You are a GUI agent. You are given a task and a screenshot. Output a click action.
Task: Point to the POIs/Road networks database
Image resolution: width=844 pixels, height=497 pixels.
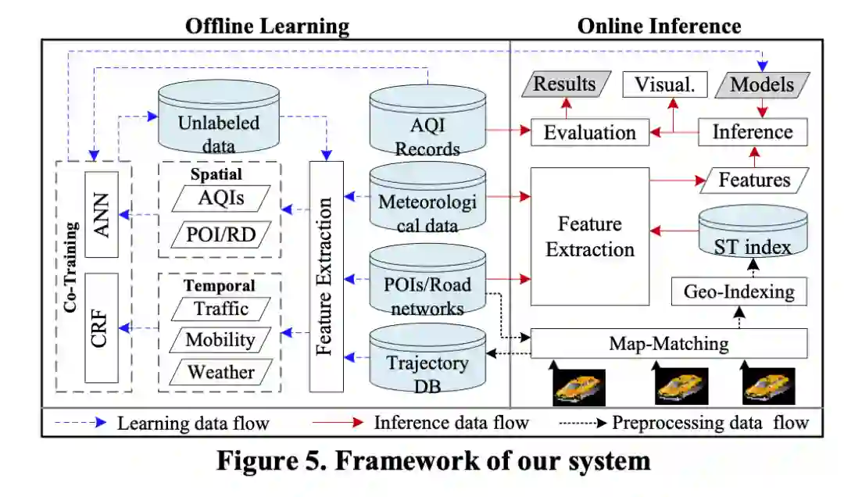pyautogui.click(x=427, y=283)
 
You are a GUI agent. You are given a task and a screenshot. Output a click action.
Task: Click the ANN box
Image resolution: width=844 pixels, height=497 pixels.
pyautogui.click(x=101, y=214)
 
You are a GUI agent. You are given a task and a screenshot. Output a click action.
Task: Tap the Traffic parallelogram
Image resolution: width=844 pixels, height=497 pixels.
pyautogui.click(x=221, y=309)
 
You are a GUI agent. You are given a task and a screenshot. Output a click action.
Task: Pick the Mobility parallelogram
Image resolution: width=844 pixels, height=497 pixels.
pyautogui.click(x=221, y=340)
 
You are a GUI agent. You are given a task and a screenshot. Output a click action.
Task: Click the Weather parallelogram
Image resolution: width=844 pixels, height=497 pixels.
pyautogui.click(x=221, y=372)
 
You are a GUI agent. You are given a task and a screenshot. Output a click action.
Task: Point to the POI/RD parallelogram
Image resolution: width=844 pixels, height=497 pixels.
pyautogui.click(x=221, y=232)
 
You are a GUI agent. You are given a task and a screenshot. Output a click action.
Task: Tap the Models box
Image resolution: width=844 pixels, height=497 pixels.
pyautogui.click(x=762, y=84)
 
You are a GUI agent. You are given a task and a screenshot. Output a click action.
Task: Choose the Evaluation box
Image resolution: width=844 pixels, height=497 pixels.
pyautogui.click(x=590, y=132)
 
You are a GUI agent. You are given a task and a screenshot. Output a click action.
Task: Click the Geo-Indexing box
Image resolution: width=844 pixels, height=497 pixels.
pyautogui.click(x=738, y=292)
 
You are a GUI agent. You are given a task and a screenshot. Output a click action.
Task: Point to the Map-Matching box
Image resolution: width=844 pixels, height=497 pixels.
pyautogui.click(x=668, y=343)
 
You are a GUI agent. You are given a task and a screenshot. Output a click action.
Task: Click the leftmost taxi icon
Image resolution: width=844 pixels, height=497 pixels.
pyautogui.click(x=579, y=387)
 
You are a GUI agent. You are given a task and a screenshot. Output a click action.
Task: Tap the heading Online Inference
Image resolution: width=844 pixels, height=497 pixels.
pyautogui.click(x=659, y=26)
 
